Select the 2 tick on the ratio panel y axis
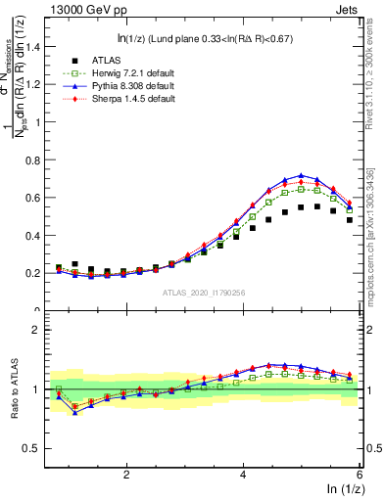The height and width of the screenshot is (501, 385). (39, 330)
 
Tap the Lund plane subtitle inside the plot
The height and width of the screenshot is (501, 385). (202, 39)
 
